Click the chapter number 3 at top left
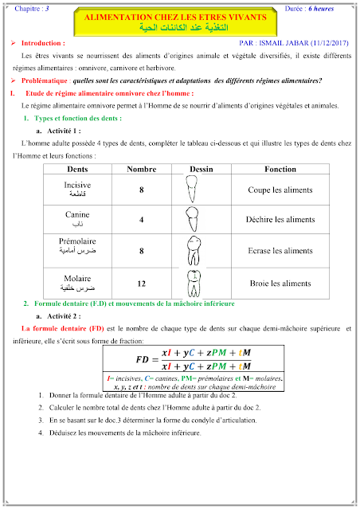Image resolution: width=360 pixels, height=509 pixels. coord(47,7)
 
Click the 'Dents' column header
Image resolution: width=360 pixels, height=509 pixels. coord(77,170)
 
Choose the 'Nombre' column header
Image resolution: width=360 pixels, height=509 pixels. coord(141,170)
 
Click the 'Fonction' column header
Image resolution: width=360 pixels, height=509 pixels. coord(280,170)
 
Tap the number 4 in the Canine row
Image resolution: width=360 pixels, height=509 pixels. coord(141,219)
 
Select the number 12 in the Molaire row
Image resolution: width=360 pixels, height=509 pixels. coord(141,283)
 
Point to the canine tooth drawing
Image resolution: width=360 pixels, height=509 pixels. coord(192,219)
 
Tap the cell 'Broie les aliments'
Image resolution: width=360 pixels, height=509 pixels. coord(281,283)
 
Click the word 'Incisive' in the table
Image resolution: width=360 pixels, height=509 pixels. coord(77,185)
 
